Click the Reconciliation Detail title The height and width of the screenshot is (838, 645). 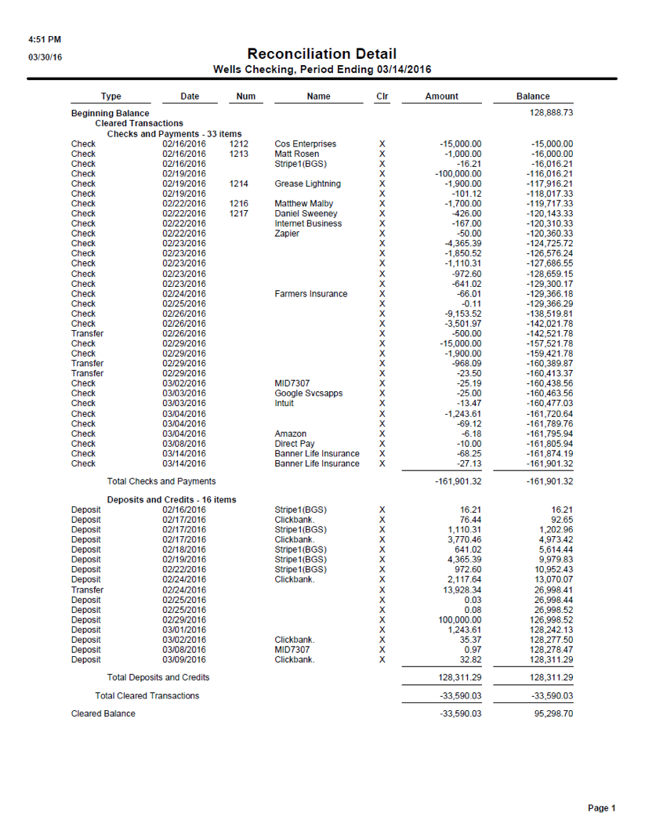(321, 54)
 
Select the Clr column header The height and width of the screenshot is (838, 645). (382, 96)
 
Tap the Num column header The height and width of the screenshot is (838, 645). (246, 96)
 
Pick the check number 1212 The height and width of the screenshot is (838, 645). (239, 144)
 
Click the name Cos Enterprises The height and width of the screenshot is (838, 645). (305, 144)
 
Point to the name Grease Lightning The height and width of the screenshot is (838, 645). (307, 183)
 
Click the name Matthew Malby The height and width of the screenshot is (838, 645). (304, 204)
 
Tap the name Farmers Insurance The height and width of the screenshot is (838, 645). (310, 294)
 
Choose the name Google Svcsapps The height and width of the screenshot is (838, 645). (308, 394)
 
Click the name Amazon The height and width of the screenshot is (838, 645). (290, 434)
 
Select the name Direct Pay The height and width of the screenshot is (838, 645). (295, 444)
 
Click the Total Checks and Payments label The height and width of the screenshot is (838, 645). (161, 481)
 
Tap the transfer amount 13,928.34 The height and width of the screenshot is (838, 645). (462, 590)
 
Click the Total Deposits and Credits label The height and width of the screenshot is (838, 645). (158, 677)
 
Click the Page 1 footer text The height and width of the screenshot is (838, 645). (602, 808)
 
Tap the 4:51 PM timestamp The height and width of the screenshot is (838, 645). (44, 39)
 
